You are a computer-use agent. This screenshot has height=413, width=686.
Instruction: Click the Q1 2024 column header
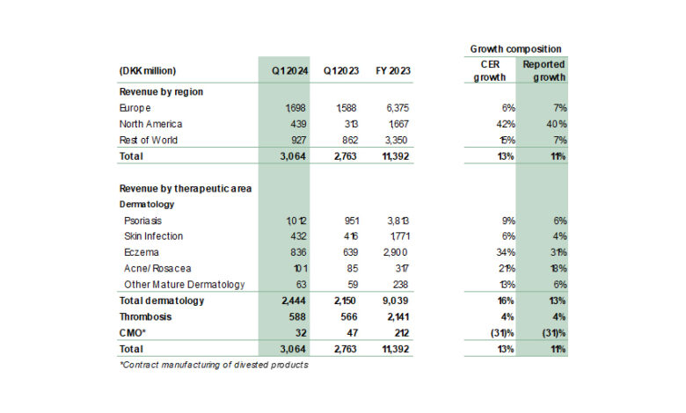[x=282, y=71]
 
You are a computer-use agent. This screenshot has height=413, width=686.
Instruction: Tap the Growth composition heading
[x=515, y=49]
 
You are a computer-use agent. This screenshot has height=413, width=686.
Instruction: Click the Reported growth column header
[x=544, y=71]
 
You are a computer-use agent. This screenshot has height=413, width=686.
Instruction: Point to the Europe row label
[x=136, y=108]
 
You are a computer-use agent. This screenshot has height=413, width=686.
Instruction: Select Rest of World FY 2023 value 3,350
[x=400, y=140]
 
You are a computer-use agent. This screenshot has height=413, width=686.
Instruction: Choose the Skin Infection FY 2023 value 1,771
[x=400, y=236]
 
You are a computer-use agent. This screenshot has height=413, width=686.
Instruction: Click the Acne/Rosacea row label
[x=158, y=269]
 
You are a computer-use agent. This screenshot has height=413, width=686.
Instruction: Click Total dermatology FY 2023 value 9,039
[x=399, y=301]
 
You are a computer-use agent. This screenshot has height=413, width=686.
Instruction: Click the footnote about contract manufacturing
[x=213, y=365]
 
